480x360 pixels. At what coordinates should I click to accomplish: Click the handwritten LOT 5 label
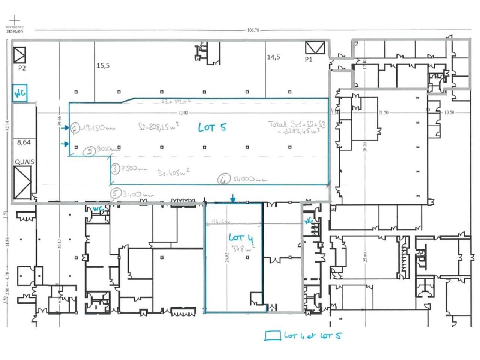(212, 127)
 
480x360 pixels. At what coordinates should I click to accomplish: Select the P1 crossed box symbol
(315, 48)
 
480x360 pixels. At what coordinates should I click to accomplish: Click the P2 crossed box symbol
(19, 55)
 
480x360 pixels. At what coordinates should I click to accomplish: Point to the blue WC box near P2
(20, 93)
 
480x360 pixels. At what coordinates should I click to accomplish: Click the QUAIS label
(25, 162)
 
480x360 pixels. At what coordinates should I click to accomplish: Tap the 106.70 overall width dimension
(253, 30)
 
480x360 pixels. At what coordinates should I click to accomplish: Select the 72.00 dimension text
(183, 113)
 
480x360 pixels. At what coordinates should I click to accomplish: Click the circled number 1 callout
(76, 128)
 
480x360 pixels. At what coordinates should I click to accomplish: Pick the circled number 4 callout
(223, 180)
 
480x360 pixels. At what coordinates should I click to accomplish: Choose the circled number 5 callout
(115, 194)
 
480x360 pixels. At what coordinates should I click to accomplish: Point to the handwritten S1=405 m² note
(173, 172)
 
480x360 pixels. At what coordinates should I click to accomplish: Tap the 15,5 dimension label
(103, 65)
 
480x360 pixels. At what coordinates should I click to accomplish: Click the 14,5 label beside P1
(273, 57)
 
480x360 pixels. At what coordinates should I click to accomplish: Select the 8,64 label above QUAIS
(24, 142)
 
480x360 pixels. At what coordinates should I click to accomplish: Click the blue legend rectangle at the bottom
(272, 336)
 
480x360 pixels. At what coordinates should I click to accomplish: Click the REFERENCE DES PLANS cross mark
(15, 19)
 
